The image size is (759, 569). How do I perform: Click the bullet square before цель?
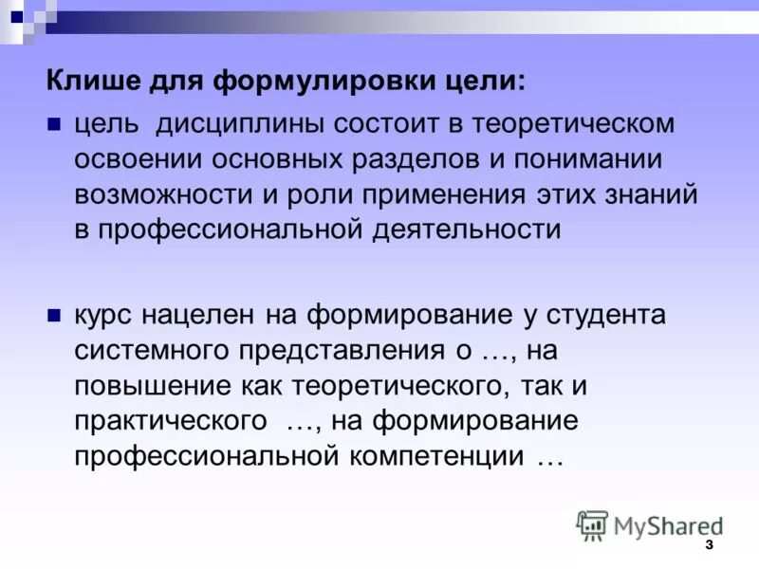point(54,123)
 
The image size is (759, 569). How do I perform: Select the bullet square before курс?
point(54,314)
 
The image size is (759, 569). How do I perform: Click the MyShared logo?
point(650,524)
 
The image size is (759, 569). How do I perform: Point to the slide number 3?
point(709,550)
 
